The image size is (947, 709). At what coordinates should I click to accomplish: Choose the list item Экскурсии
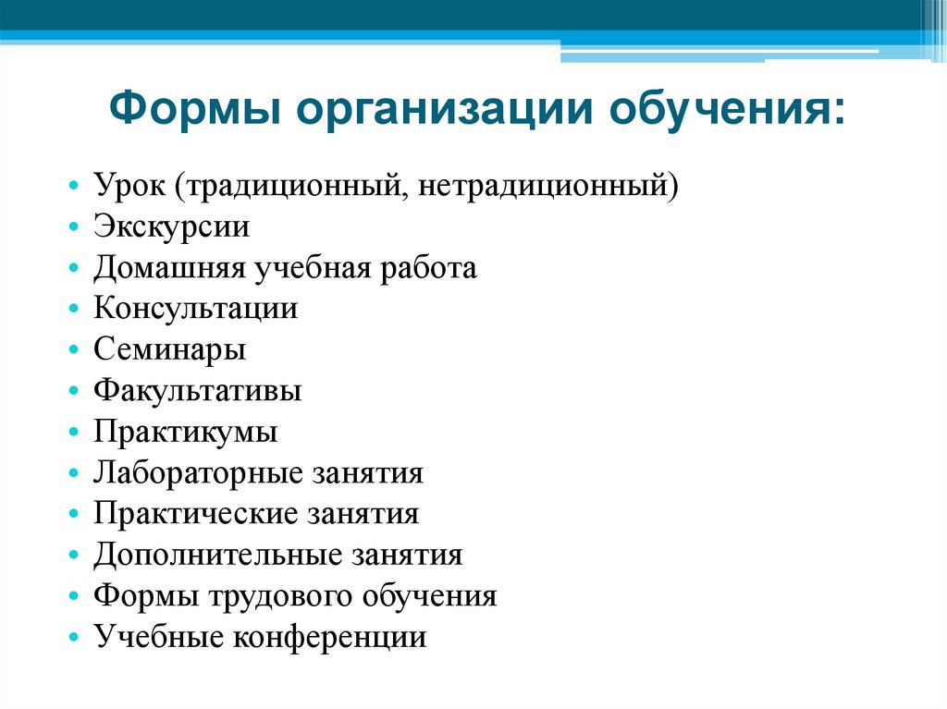click(171, 228)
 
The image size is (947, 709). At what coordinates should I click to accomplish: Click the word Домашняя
click(167, 269)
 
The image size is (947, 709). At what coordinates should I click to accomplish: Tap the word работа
click(429, 269)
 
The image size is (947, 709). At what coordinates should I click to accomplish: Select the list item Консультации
click(195, 310)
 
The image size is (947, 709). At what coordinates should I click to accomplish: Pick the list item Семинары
click(169, 350)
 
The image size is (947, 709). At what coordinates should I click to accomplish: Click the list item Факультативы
click(197, 392)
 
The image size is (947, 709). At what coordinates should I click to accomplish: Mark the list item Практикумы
click(185, 433)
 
